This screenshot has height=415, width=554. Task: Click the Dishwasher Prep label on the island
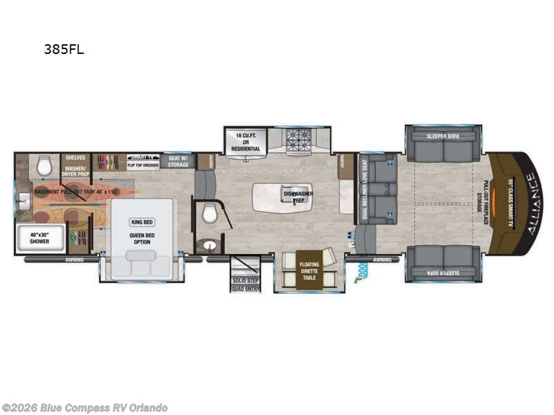pyautogui.click(x=298, y=196)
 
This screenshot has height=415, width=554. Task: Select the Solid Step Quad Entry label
pyautogui.click(x=245, y=284)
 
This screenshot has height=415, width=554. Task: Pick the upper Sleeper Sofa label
pyautogui.click(x=443, y=136)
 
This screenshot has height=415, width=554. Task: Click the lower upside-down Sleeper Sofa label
pyautogui.click(x=443, y=272)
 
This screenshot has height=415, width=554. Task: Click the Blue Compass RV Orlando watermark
pyautogui.click(x=84, y=408)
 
